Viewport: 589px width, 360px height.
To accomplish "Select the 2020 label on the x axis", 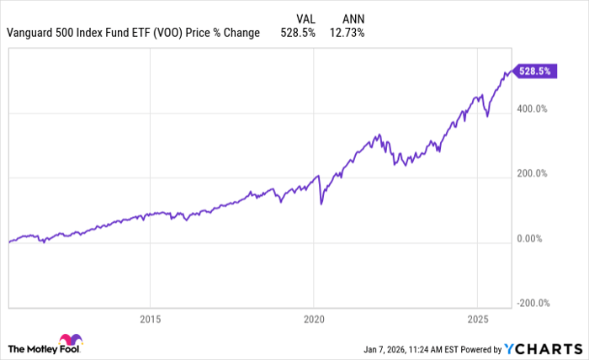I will point(313,320).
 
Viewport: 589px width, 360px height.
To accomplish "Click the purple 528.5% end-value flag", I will point(533,71).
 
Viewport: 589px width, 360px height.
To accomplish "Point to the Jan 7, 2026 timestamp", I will point(392,348).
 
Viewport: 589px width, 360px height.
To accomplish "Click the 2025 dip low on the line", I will point(489,117).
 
